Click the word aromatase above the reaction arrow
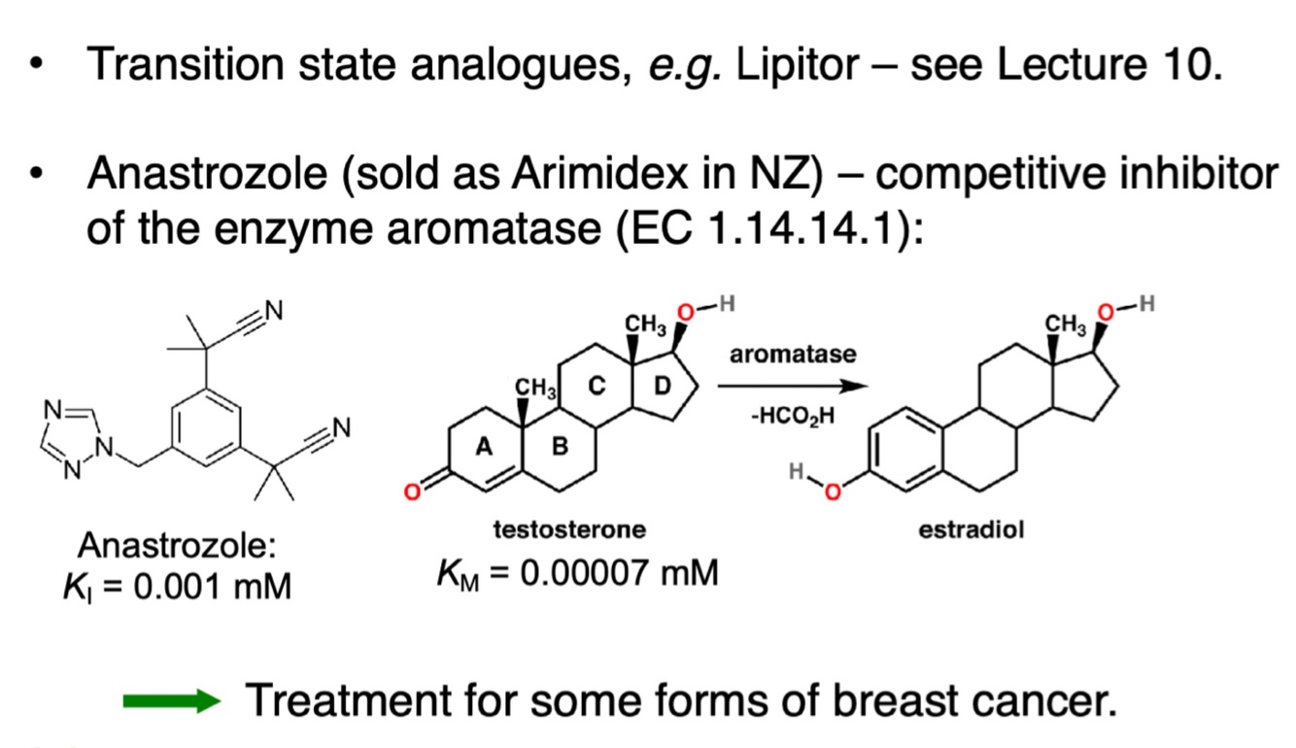point(794,355)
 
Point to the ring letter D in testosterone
point(662,387)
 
